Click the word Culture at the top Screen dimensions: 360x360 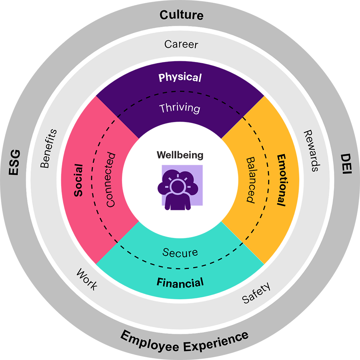pos(181,15)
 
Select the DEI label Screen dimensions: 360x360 pos(345,164)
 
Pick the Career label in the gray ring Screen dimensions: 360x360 pos(181,44)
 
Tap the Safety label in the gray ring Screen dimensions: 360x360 pos(256,293)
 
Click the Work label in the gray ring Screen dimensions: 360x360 pos(87,280)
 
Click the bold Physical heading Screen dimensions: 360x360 pos(180,77)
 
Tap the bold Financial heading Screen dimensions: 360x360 pos(180,283)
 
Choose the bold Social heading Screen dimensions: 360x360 pos(78,180)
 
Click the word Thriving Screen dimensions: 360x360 pos(179,108)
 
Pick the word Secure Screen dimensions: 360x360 pos(180,252)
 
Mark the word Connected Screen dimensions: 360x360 pos(110,180)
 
